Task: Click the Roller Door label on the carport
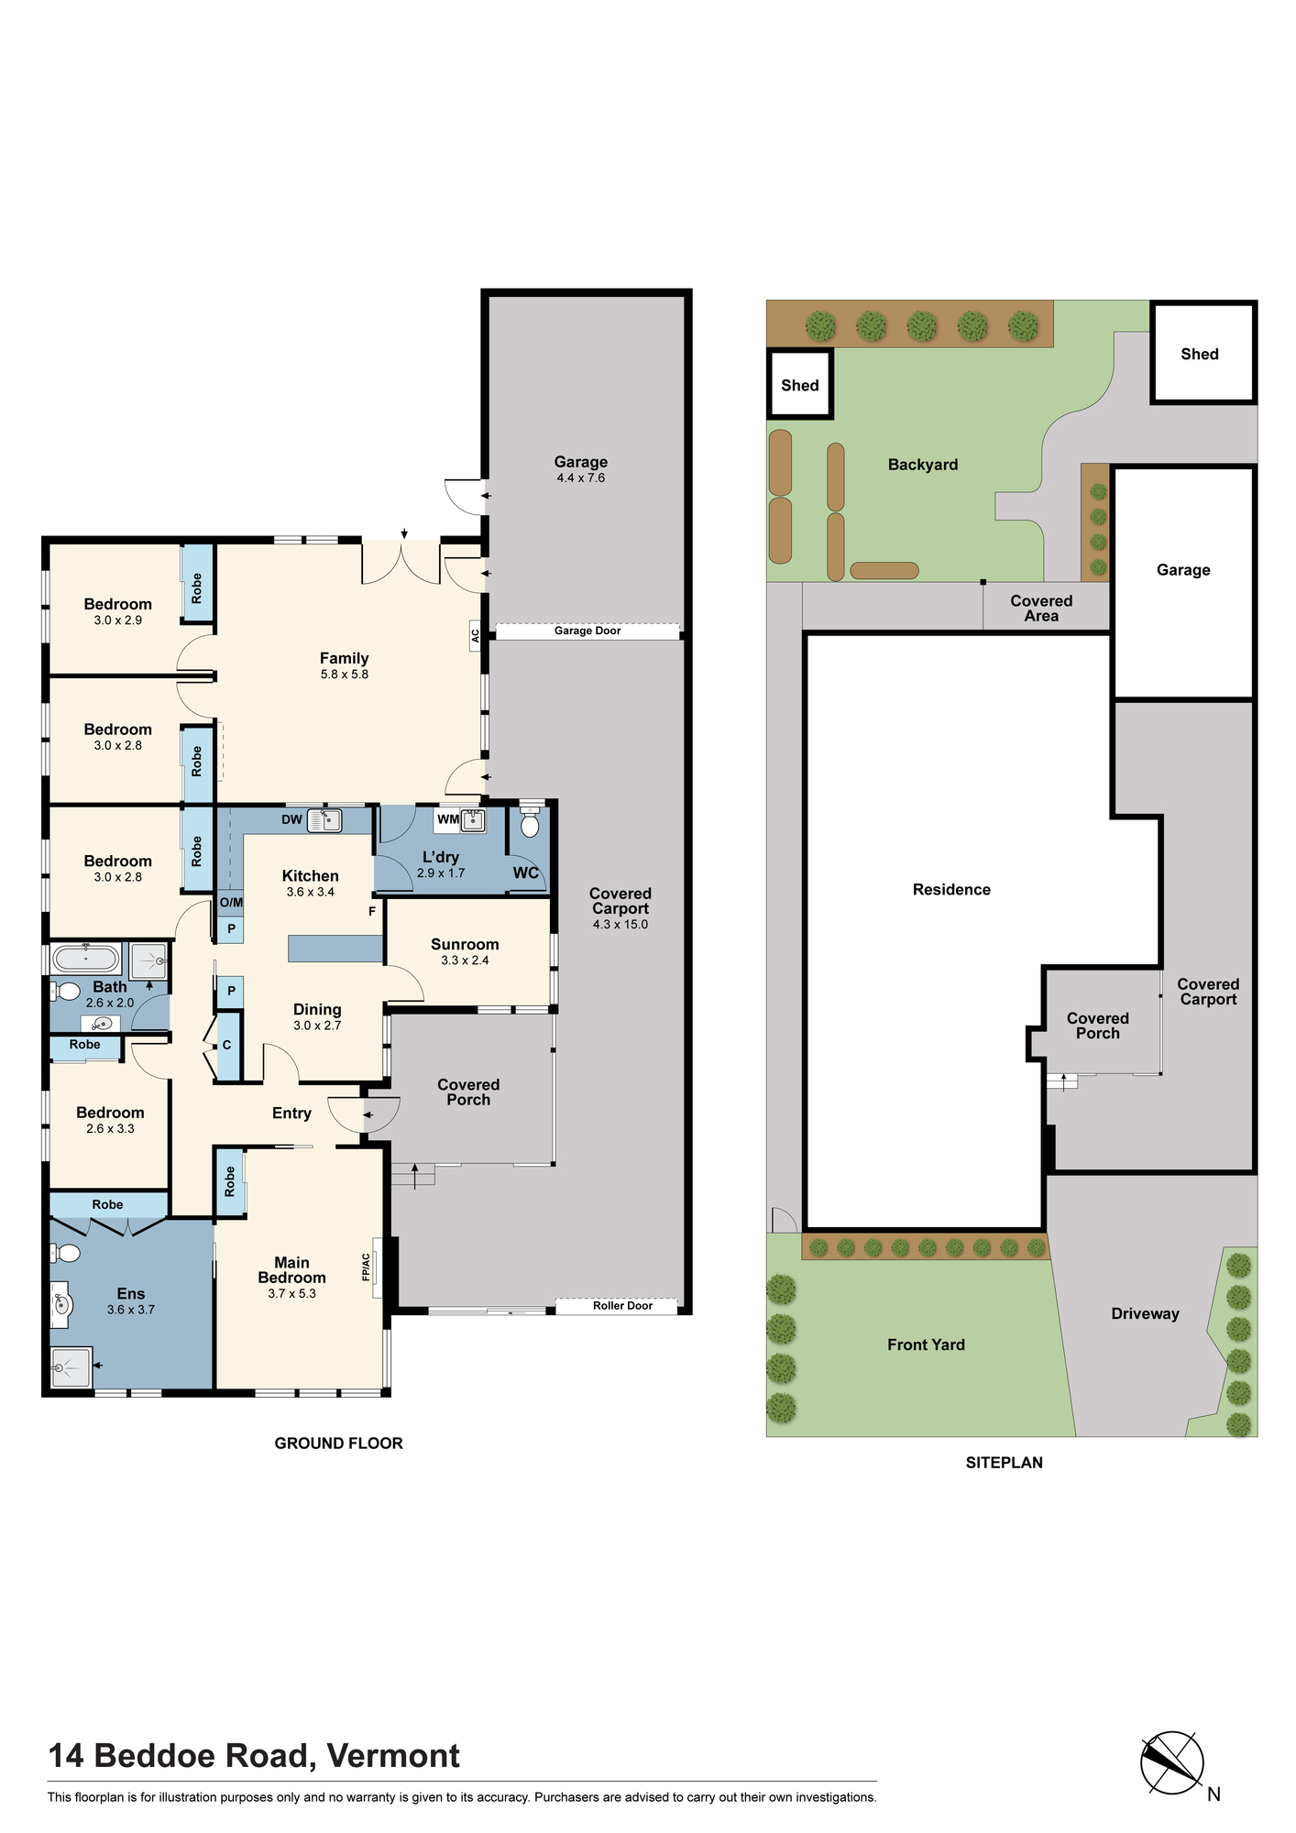tap(622, 1305)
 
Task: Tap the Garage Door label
tap(588, 631)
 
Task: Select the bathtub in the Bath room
tap(85, 959)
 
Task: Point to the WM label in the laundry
tap(448, 819)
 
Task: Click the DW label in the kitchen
tap(291, 819)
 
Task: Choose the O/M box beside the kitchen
tap(231, 903)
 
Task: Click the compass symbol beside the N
tap(1171, 1762)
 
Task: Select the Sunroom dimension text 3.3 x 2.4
tap(465, 960)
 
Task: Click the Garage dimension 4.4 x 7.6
tap(580, 477)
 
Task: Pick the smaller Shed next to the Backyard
tap(800, 384)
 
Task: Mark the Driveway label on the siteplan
tap(1145, 1313)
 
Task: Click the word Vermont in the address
tap(393, 1755)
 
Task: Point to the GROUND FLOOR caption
tap(338, 1443)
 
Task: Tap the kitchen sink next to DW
tap(324, 819)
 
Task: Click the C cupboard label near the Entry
tap(227, 1045)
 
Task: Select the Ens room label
tap(131, 1293)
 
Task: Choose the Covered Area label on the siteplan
tap(1041, 608)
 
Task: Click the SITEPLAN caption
tap(1005, 1462)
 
